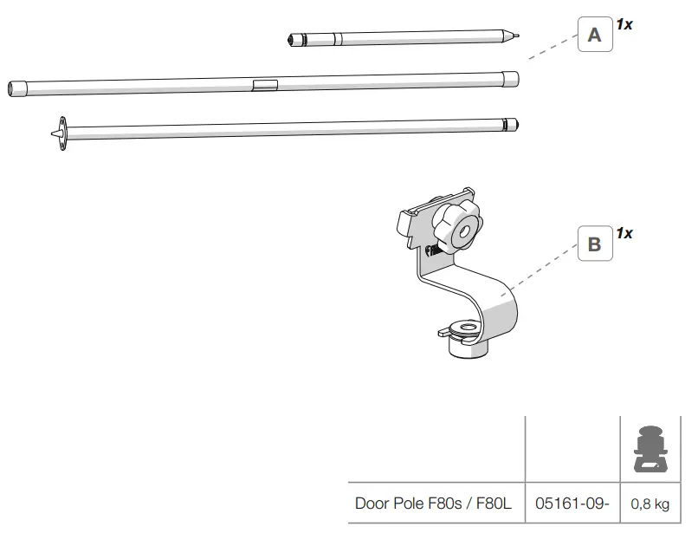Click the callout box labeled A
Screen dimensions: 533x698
(594, 36)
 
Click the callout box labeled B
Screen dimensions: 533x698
(594, 244)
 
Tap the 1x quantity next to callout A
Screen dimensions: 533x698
(624, 24)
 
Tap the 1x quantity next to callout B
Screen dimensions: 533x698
(624, 233)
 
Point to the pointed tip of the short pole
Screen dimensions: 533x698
(517, 36)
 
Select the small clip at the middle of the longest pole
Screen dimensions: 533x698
(265, 84)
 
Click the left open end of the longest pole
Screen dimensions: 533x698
(15, 88)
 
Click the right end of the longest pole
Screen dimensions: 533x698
(512, 78)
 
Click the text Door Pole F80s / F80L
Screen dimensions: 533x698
(433, 503)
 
